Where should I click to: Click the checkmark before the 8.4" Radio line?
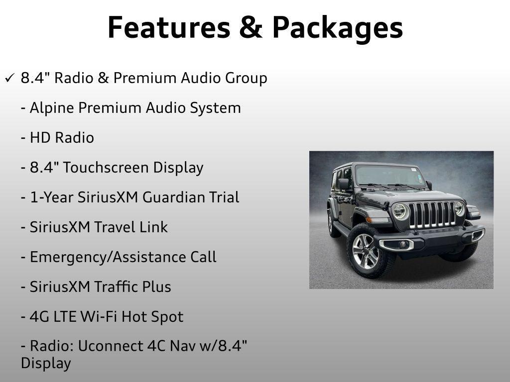pos(10,78)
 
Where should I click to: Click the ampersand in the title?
pos(251,28)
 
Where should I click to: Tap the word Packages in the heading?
pos(338,28)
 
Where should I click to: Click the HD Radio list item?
pos(58,138)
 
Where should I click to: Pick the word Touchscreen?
pos(106,168)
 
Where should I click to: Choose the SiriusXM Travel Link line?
pos(94,227)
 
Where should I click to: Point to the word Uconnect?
pos(111,346)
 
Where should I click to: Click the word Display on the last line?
pos(46,364)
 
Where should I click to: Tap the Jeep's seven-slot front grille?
pos(432,215)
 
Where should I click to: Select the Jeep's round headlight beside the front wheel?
pos(400,212)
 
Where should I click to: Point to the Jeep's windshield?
pos(389,176)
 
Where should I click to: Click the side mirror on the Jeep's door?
pos(344,184)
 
